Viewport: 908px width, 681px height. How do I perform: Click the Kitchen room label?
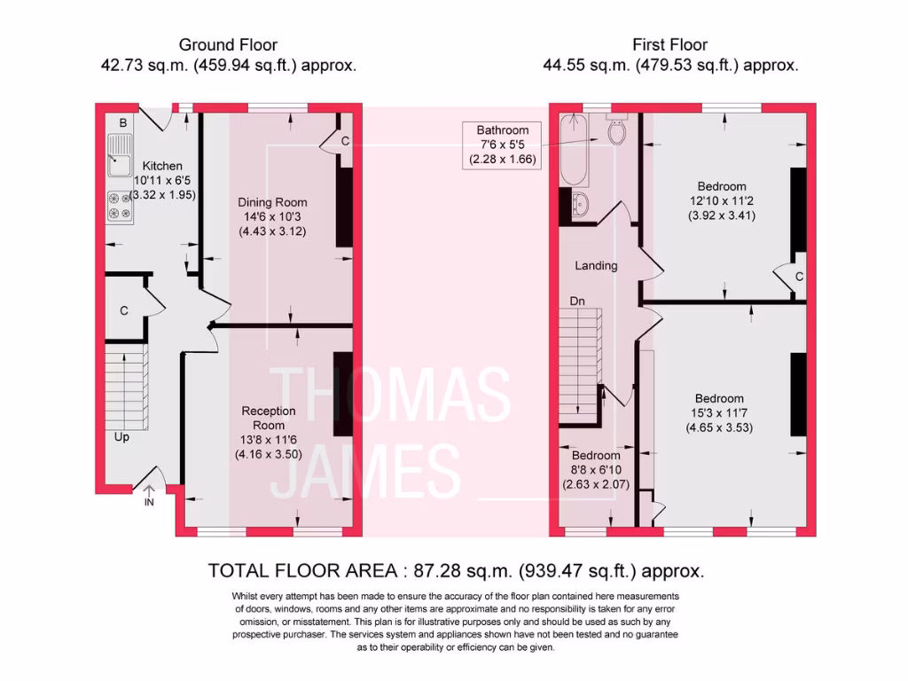(162, 166)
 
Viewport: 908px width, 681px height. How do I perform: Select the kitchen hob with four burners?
(119, 206)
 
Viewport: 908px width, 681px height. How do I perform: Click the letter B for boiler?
(123, 122)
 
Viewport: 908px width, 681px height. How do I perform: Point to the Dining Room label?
(272, 201)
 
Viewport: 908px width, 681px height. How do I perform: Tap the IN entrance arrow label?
(149, 501)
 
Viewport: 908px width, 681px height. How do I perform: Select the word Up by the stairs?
(122, 436)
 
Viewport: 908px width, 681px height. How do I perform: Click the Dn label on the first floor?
(577, 301)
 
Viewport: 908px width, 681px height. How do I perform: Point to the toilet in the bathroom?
(616, 131)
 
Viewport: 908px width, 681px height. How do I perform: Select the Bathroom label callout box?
(502, 145)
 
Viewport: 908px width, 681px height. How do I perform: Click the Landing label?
(596, 265)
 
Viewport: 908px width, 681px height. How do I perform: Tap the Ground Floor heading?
(228, 44)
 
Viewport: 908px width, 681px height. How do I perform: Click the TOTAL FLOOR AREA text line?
(456, 570)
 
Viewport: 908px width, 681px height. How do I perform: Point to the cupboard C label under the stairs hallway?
(124, 310)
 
